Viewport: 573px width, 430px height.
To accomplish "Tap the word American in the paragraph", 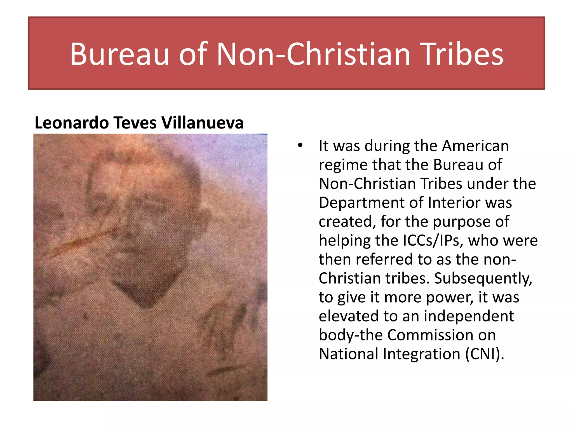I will (x=475, y=146).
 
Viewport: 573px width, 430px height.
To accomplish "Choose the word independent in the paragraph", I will (x=469, y=316).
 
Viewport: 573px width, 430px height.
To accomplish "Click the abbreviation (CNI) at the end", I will (x=485, y=354).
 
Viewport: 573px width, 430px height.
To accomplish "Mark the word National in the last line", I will (x=348, y=354).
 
